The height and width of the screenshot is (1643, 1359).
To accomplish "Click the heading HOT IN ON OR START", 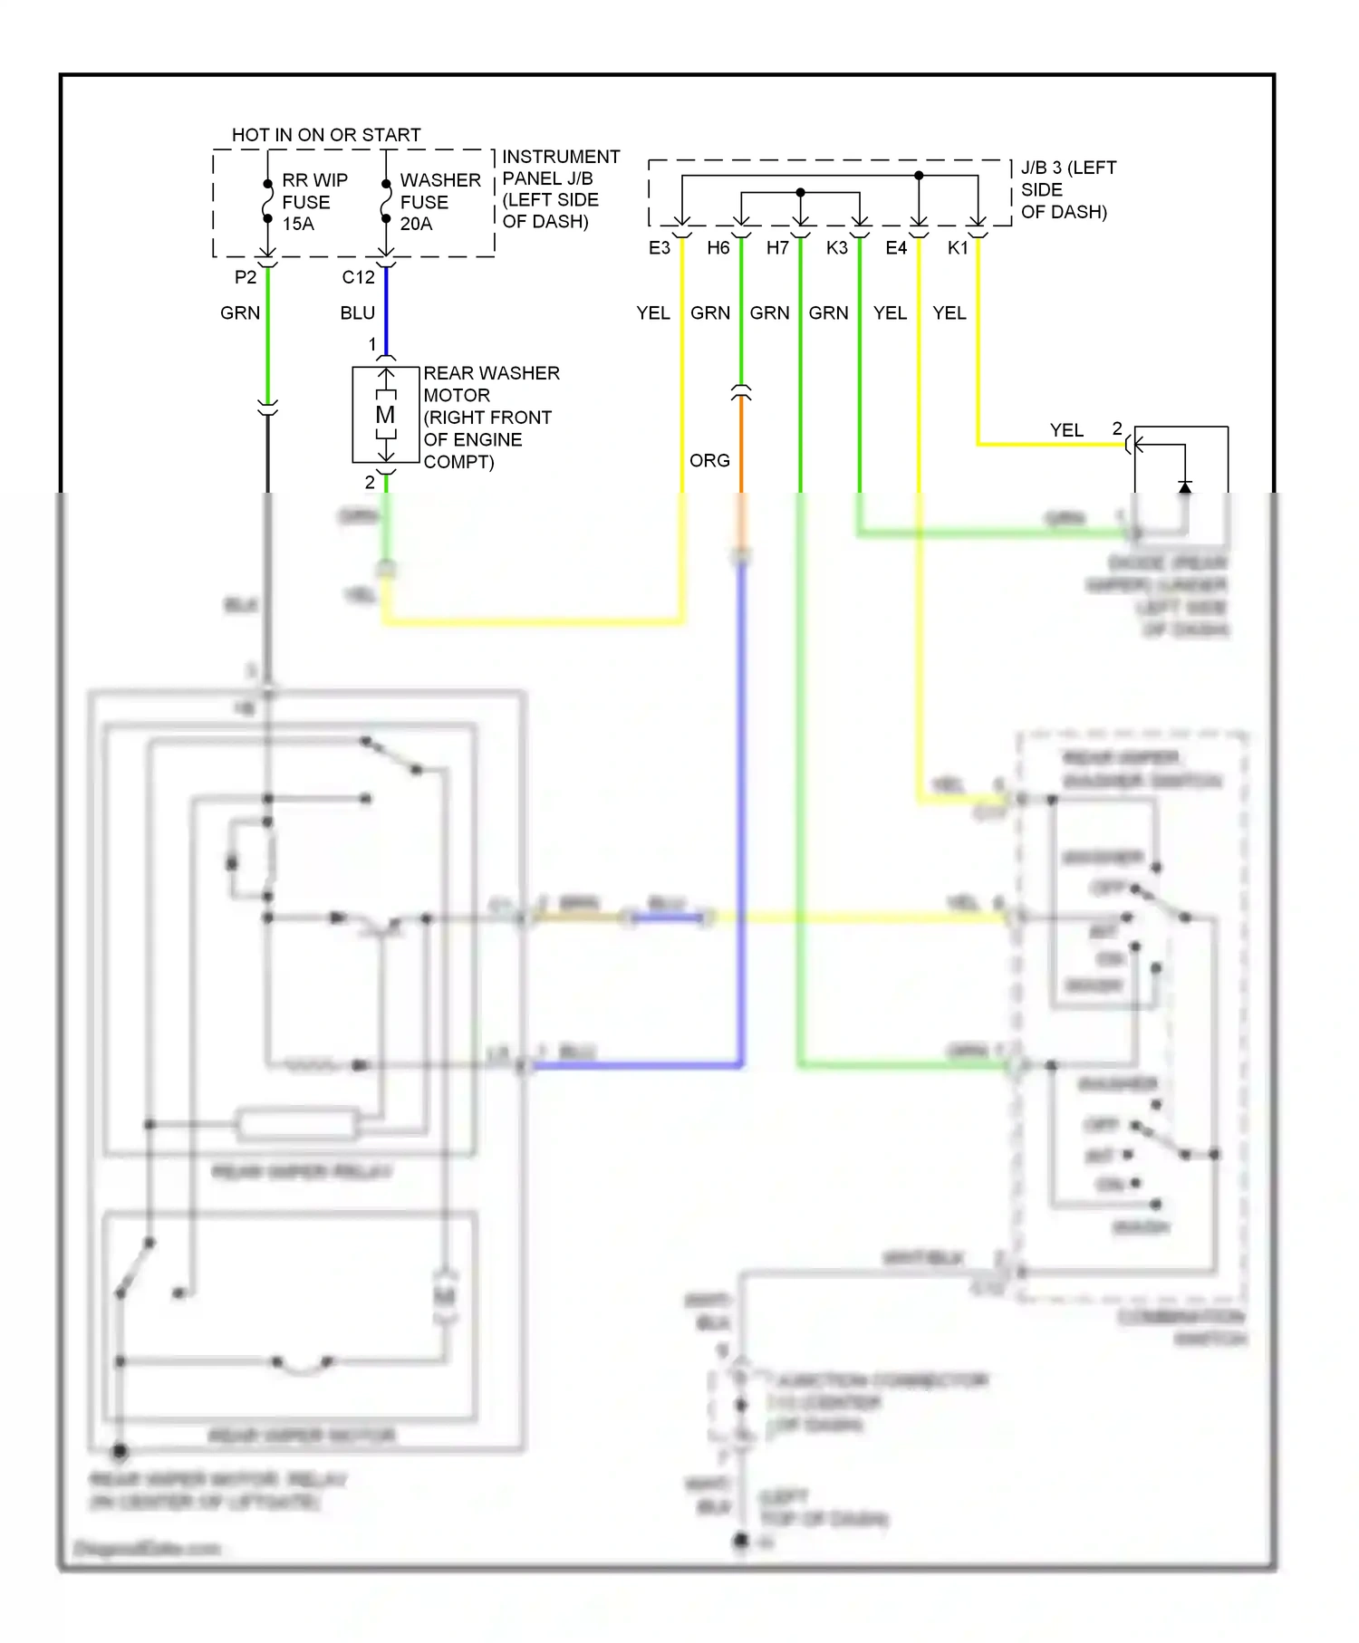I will (326, 135).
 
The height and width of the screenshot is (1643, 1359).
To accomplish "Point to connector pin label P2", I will (245, 277).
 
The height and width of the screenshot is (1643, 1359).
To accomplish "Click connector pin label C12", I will (358, 277).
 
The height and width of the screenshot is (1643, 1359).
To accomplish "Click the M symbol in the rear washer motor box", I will (385, 415).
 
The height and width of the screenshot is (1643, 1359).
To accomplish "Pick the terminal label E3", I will (659, 248).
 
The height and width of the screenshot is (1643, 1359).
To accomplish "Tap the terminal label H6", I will (718, 248).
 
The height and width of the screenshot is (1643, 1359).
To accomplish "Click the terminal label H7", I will (777, 248).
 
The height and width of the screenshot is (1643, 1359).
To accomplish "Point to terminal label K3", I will (836, 248).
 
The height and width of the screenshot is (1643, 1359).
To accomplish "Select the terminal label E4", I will (895, 248).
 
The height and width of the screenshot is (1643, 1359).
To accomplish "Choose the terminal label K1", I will (957, 248).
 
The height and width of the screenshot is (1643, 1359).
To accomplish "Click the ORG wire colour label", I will (709, 461).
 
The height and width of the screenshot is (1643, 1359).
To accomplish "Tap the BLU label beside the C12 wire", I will (357, 313).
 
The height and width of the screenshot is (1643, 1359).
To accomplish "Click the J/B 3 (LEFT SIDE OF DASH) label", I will (1067, 190).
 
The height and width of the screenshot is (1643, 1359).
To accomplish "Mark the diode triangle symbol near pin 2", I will (1184, 487).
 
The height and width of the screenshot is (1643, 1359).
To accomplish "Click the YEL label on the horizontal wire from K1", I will (1066, 430).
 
